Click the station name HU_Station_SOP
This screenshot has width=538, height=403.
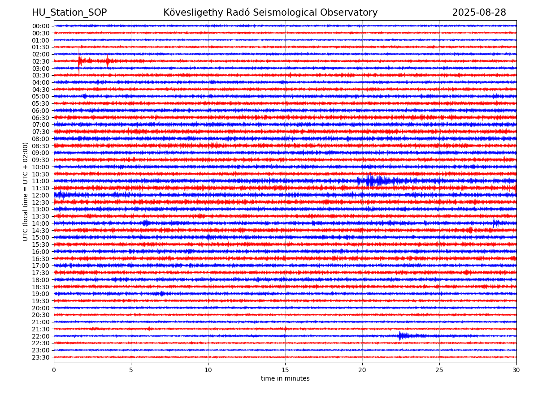coord(69,13)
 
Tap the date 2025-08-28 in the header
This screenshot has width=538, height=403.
coord(479,13)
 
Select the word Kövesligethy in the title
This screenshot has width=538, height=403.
coord(193,13)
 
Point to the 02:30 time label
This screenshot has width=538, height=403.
coord(41,61)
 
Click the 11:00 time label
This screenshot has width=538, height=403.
coord(41,181)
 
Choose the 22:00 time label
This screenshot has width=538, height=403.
coord(41,336)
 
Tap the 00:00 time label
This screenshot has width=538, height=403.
coord(41,26)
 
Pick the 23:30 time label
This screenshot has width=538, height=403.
coord(41,357)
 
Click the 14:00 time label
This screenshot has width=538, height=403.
coord(41,223)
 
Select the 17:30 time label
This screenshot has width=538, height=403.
coord(41,273)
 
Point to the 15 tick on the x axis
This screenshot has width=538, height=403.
coord(285,370)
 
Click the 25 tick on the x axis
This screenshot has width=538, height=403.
coord(439,370)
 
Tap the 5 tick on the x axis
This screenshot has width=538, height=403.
coord(131,370)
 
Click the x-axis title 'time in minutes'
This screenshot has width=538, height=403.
coord(285,378)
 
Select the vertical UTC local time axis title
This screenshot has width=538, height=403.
coord(25,192)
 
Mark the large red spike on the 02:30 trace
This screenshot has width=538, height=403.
coord(79,61)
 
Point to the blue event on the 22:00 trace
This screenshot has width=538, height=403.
coord(403,336)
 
